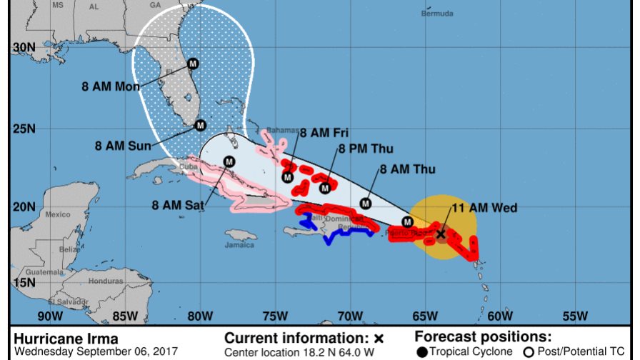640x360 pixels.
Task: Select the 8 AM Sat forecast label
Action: pyautogui.click(x=179, y=204)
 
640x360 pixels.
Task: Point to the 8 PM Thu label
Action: pyautogui.click(x=366, y=149)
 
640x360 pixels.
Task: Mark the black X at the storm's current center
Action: pyautogui.click(x=441, y=234)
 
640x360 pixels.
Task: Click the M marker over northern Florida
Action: pyautogui.click(x=192, y=64)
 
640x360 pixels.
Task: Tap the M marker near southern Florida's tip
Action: pyautogui.click(x=201, y=125)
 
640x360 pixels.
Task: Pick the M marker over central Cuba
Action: pyautogui.click(x=229, y=161)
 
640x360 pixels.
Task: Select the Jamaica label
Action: pyautogui.click(x=240, y=245)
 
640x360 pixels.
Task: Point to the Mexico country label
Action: pyautogui.click(x=57, y=214)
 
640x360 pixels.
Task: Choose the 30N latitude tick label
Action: pyautogui.click(x=24, y=47)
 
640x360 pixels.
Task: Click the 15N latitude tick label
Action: pyautogui.click(x=24, y=283)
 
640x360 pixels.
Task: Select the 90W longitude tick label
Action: pyautogui.click(x=49, y=316)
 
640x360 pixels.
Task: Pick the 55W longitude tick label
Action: pyautogui.click(x=575, y=316)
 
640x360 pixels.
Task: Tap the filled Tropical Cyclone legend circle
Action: pyautogui.click(x=422, y=351)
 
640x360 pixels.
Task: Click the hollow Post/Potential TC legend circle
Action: pyautogui.click(x=529, y=351)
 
